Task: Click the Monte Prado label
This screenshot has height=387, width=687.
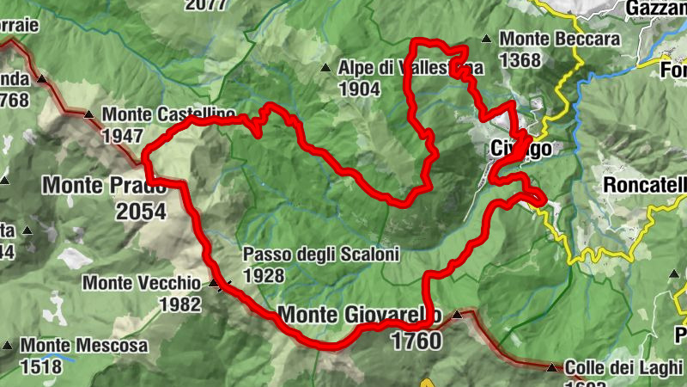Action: click(103, 184)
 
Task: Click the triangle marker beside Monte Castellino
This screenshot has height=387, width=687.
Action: click(89, 114)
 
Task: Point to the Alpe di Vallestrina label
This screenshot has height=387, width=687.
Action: click(410, 67)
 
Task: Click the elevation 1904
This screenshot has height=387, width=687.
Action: click(360, 88)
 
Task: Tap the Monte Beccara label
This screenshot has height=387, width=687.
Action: click(560, 40)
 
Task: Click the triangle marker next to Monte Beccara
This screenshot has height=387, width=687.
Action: click(487, 39)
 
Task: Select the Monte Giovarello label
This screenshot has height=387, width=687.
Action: click(361, 315)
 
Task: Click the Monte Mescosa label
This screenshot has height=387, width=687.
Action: click(84, 346)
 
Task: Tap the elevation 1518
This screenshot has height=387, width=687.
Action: click(42, 366)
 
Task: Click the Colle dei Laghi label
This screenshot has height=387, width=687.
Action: click(624, 366)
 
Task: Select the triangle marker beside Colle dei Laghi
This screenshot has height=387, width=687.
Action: click(551, 367)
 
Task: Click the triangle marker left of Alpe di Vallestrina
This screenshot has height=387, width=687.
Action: click(325, 67)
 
